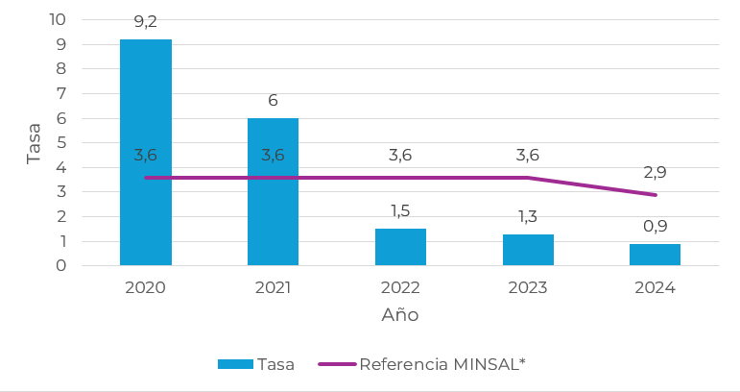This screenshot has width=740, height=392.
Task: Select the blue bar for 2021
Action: [x=273, y=191]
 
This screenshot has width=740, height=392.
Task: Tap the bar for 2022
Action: [x=400, y=247]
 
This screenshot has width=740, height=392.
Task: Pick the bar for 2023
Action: [x=528, y=250]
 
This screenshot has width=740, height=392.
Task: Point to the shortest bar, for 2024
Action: [x=655, y=255]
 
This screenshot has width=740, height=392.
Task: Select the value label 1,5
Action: [x=400, y=209]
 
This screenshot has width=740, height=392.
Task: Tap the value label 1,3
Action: [x=528, y=215]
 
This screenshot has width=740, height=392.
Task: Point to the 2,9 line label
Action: [x=655, y=173]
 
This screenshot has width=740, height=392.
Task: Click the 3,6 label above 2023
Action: [x=528, y=155]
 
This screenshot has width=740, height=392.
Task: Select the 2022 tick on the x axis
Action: [x=400, y=287]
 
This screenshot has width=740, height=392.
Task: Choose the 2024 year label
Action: [x=655, y=287]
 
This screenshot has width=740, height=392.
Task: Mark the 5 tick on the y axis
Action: [x=60, y=142]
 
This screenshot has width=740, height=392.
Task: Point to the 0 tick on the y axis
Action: [x=60, y=265]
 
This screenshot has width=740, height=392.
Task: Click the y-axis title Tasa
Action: [x=35, y=142]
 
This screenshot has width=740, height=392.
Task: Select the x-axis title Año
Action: [x=400, y=315]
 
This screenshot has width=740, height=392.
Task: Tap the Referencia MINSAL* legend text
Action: [x=442, y=364]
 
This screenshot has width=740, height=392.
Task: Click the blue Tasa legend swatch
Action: [x=235, y=364]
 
